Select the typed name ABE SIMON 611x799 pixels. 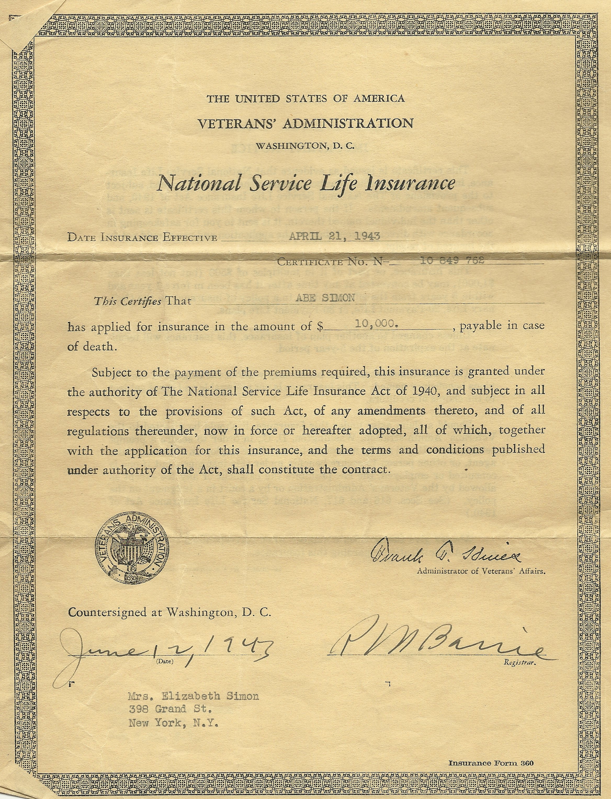click(325, 298)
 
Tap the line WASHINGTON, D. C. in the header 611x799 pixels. click(305, 146)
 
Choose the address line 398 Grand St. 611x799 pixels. click(170, 709)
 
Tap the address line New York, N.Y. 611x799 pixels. click(173, 723)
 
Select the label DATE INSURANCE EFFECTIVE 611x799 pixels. click(142, 238)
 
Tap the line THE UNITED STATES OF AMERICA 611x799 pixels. click(305, 99)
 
